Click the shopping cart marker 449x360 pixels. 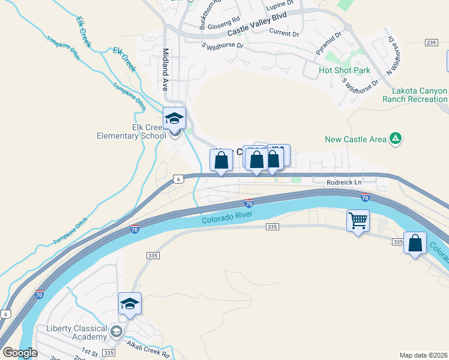point(358,221)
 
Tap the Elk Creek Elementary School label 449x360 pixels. point(131,131)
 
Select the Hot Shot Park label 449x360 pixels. point(345,70)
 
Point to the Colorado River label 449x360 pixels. point(225,220)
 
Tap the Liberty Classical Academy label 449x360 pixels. point(77,332)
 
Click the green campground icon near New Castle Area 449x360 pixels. point(395,139)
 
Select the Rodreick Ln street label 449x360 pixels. point(345,182)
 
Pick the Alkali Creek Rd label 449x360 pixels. point(148,349)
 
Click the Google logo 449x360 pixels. point(19,353)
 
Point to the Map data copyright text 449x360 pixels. point(423,355)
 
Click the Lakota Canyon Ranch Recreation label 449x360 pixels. point(419,95)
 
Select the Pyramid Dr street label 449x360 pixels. point(328,43)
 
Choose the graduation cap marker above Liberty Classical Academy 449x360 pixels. point(130,304)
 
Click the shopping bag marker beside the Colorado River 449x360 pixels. point(415,243)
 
